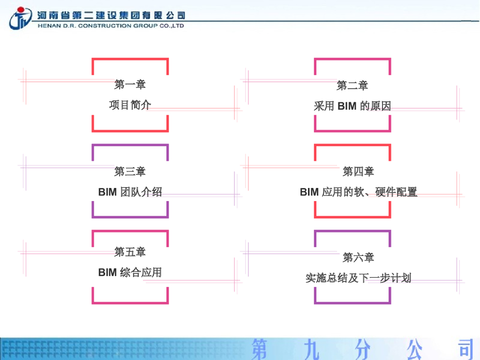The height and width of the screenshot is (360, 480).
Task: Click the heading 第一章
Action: point(130,84)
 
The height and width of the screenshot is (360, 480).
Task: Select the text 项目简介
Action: point(130,105)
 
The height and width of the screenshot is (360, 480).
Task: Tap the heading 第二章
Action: point(352,85)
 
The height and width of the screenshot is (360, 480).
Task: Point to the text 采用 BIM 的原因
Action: point(352,106)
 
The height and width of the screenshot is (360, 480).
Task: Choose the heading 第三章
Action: point(130,171)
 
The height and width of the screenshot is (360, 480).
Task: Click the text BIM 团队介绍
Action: point(130,192)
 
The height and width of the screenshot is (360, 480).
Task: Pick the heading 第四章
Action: point(358,171)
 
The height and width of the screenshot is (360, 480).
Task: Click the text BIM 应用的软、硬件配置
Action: point(358,192)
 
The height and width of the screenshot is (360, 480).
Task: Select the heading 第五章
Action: point(130,252)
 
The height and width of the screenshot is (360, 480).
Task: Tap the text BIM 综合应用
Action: point(130,272)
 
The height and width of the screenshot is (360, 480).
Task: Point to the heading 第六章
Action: point(358,257)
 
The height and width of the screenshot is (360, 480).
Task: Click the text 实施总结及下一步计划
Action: point(358,278)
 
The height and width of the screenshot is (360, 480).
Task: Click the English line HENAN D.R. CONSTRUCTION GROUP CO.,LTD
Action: point(111,26)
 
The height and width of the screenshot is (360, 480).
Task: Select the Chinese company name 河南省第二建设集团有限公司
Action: point(111,15)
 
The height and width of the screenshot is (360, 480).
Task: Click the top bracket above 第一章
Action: point(130,60)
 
